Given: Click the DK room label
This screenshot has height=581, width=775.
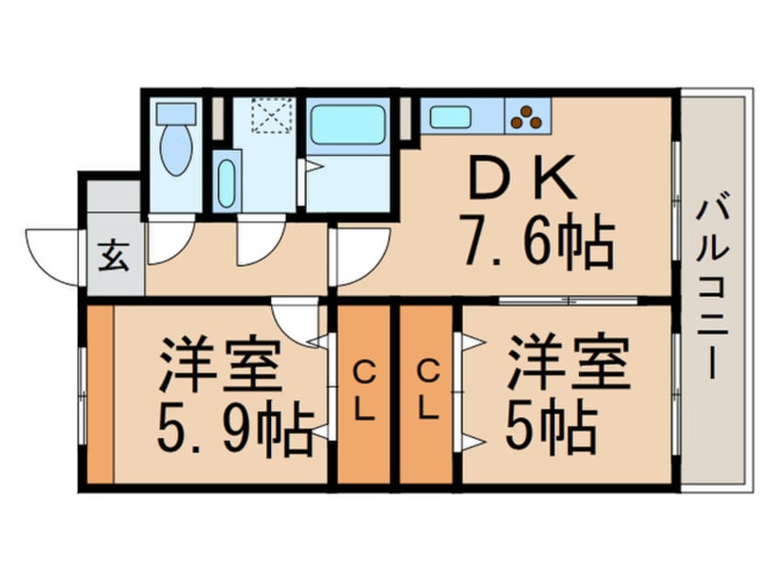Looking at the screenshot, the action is pyautogui.click(x=522, y=178).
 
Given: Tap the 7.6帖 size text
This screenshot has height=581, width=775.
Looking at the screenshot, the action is pyautogui.click(x=539, y=240).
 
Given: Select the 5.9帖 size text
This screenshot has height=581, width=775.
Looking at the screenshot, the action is pyautogui.click(x=235, y=430).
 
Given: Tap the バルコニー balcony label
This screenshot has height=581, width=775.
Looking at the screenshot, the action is pyautogui.click(x=713, y=290).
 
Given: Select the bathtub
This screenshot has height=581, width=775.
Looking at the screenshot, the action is pyautogui.click(x=348, y=125).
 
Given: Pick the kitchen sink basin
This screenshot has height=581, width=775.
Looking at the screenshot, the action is pyautogui.click(x=450, y=117).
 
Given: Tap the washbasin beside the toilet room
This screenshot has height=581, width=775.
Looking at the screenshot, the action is pyautogui.click(x=226, y=183).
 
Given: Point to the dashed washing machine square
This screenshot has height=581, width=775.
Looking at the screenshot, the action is pyautogui.click(x=272, y=115).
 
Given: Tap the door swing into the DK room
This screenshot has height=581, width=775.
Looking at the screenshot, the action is pyautogui.click(x=362, y=257).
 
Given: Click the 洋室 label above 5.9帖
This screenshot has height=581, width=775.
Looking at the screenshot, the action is pyautogui.click(x=220, y=365).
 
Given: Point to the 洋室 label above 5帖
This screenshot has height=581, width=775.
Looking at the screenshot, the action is pyautogui.click(x=570, y=363).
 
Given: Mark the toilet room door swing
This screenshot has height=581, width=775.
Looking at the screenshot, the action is pyautogui.click(x=170, y=240).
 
